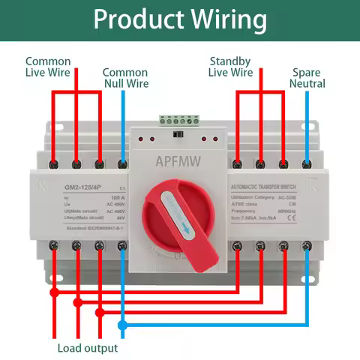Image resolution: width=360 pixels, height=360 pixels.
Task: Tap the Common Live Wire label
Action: click(x=48, y=67)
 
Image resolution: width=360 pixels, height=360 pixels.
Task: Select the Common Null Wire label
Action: click(x=124, y=78)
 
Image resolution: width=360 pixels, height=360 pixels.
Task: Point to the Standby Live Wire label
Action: click(x=231, y=67)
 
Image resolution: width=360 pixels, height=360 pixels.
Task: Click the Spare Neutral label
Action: click(x=308, y=78)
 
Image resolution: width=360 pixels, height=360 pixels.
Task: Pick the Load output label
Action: click(x=88, y=348)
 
